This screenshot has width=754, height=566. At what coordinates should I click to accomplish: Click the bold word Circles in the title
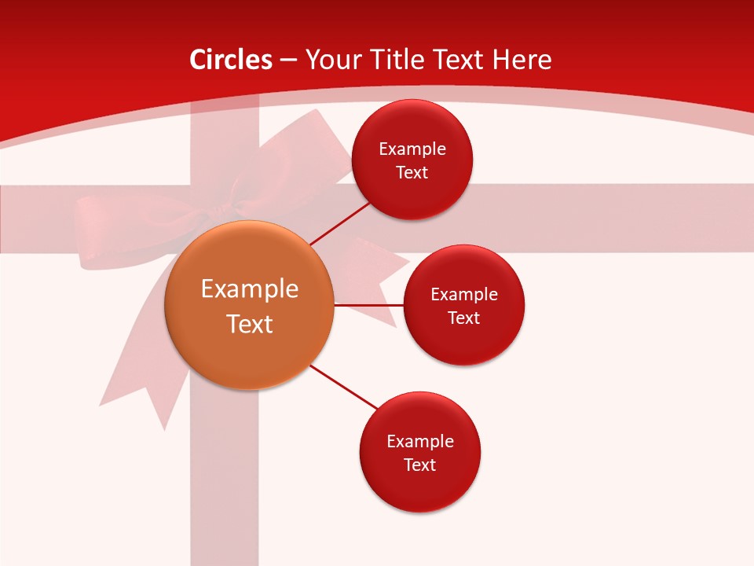[230, 60]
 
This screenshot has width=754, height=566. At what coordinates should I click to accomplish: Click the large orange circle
[249, 305]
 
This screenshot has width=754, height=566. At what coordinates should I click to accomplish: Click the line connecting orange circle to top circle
[339, 223]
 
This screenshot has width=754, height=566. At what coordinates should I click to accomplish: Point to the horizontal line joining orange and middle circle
[368, 304]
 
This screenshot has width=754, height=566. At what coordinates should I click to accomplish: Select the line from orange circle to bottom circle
[344, 387]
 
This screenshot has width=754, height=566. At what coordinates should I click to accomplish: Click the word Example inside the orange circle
[249, 289]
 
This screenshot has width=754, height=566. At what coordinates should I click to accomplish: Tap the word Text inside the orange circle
[249, 324]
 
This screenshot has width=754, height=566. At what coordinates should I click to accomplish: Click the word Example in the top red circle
[412, 149]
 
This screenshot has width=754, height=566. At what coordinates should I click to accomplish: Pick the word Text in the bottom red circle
[419, 465]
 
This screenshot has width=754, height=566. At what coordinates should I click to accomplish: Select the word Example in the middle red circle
[463, 294]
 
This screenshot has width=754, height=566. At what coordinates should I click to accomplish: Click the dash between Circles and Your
[288, 61]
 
